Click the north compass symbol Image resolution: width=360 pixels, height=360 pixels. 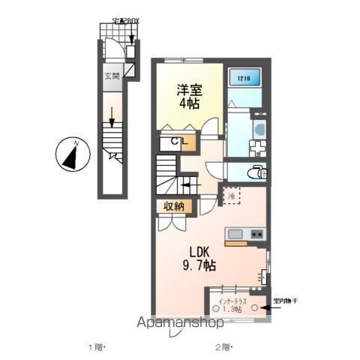click(x=68, y=155)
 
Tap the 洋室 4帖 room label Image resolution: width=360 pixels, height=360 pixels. click(x=189, y=94)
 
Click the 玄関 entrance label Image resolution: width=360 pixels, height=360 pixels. click(x=111, y=75)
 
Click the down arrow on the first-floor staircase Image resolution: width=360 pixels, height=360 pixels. click(x=112, y=116)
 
